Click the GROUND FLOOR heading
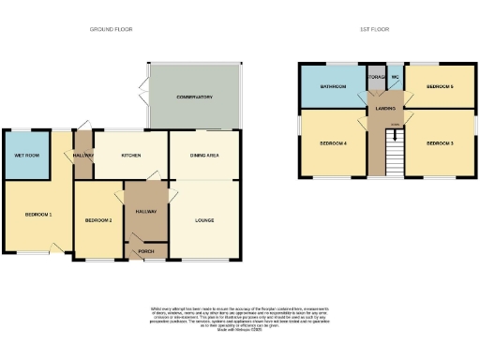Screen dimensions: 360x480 point(111,30)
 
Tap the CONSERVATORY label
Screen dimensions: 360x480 point(195,97)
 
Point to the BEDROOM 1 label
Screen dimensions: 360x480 point(37,215)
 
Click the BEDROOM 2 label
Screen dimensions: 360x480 point(98,220)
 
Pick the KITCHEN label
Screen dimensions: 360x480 point(130,155)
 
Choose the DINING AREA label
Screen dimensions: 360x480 point(204,155)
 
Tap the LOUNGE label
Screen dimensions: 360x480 point(204,220)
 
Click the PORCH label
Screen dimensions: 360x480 point(145,250)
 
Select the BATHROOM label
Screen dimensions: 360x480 point(333,86)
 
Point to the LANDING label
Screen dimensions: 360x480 point(384,108)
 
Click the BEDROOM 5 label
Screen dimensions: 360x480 point(440,86)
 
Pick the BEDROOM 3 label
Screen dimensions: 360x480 point(440,143)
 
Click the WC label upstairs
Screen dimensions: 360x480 point(396,77)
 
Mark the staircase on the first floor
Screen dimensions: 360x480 point(394,150)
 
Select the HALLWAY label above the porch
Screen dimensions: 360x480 point(145,212)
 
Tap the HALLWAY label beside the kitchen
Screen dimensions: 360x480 point(83,156)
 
